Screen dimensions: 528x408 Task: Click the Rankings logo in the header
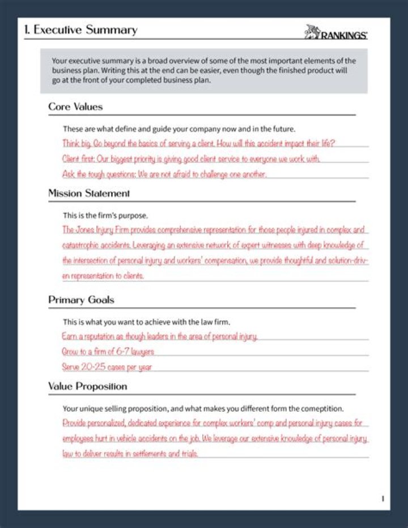pyautogui.click(x=336, y=32)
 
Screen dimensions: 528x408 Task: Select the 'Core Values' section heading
pyautogui.click(x=75, y=107)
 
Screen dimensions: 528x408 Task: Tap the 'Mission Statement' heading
pyautogui.click(x=89, y=193)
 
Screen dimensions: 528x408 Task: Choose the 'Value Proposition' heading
pyautogui.click(x=87, y=386)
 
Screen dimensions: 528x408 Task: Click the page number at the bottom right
pyautogui.click(x=382, y=499)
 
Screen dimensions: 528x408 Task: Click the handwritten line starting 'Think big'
pyautogui.click(x=199, y=143)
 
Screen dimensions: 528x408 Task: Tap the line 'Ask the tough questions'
pyautogui.click(x=164, y=174)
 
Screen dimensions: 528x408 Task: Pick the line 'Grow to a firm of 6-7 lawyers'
pyautogui.click(x=108, y=352)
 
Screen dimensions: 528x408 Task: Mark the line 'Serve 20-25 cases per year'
pyautogui.click(x=107, y=367)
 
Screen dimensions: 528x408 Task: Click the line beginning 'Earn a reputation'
pyautogui.click(x=160, y=336)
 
